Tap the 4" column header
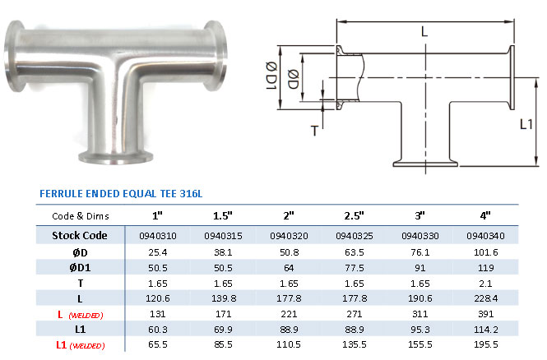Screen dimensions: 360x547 485,215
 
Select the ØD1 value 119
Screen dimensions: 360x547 485,268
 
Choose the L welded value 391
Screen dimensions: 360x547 485,314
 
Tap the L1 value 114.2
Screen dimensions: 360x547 485,329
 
